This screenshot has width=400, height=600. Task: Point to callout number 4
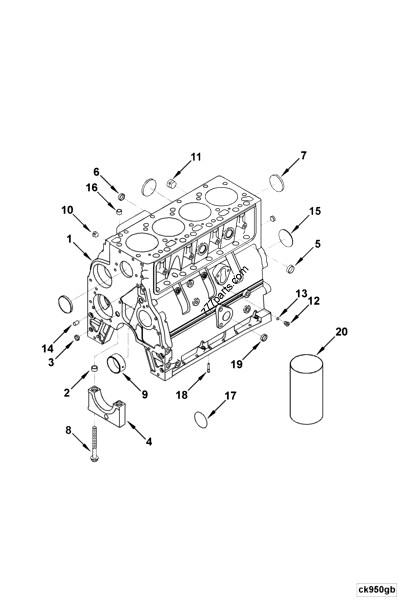(149, 441)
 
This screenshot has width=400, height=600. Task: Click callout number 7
(304, 155)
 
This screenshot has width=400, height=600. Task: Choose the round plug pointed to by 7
(279, 181)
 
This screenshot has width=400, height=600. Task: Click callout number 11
(196, 157)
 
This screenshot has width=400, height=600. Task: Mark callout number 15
(315, 211)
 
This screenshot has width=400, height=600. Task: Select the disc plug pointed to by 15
(285, 236)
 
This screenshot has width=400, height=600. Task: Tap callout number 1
(70, 240)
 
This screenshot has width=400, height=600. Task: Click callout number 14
(47, 347)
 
